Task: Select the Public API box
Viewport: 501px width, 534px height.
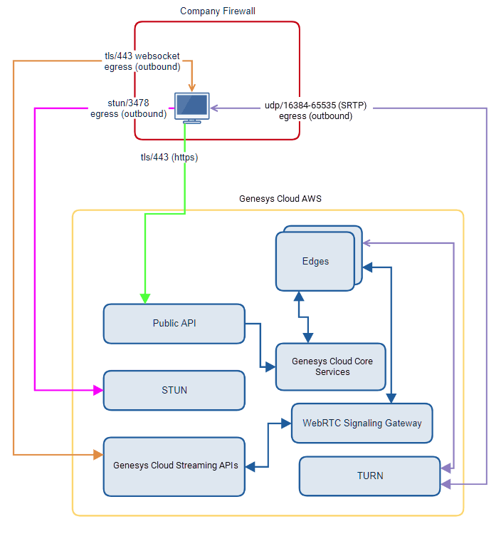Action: point(174,324)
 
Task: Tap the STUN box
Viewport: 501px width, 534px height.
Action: point(174,390)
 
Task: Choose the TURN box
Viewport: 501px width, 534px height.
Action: point(370,476)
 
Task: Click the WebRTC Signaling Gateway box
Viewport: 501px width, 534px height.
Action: point(362,423)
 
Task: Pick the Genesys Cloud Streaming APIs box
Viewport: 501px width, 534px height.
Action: point(174,466)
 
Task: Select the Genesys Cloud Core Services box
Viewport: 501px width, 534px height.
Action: point(331,366)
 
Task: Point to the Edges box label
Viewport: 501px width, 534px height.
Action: point(315,261)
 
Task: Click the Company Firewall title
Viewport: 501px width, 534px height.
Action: point(218,11)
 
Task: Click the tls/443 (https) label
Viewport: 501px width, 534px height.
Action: point(169,158)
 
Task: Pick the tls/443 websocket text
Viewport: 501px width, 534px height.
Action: point(142,56)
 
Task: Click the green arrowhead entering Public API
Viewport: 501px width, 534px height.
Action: point(146,299)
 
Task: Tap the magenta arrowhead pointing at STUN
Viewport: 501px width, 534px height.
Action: point(98,390)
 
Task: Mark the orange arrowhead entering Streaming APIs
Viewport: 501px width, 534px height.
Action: point(98,454)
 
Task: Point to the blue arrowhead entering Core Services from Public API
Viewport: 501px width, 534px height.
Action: point(270,367)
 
